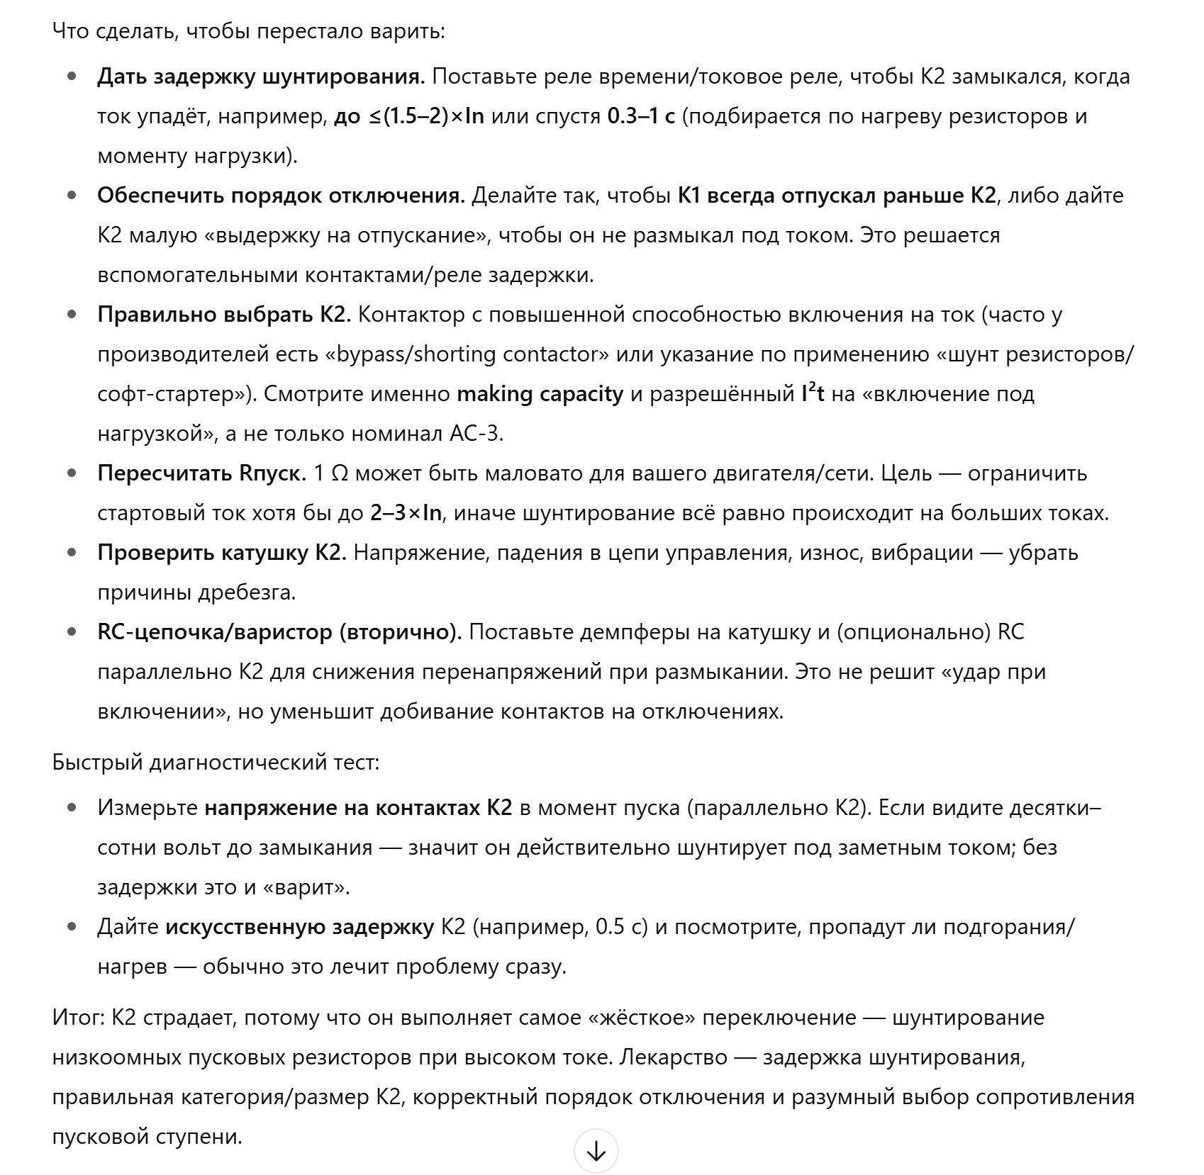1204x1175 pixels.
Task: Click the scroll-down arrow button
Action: click(x=596, y=1152)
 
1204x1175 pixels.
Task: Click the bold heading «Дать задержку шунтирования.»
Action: click(x=261, y=77)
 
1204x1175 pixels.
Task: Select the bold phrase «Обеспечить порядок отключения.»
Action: click(x=281, y=196)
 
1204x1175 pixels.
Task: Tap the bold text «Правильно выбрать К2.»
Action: click(x=224, y=315)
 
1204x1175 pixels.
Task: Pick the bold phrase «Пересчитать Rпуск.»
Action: click(x=202, y=473)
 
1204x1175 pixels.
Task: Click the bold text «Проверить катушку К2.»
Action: click(x=222, y=553)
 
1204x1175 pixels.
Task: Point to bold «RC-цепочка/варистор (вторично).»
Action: click(x=279, y=632)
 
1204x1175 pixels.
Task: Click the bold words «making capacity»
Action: click(x=540, y=394)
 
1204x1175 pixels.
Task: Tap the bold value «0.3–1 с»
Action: click(x=641, y=116)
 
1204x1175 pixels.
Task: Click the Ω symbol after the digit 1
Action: click(x=340, y=473)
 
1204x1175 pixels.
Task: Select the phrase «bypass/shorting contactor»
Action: click(x=469, y=354)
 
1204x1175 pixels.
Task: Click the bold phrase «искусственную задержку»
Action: click(x=299, y=927)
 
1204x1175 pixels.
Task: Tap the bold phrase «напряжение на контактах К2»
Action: click(x=358, y=808)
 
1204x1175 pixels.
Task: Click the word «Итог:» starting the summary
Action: click(x=79, y=1018)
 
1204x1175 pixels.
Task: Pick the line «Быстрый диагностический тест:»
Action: click(x=216, y=763)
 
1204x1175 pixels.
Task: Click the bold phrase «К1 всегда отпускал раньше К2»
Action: click(x=837, y=196)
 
